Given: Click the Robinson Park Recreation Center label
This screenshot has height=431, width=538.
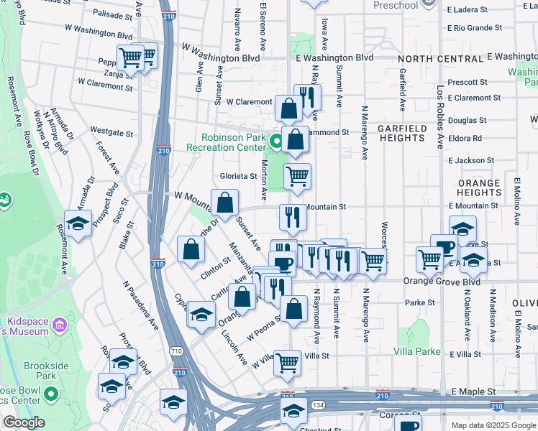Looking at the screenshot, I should pyautogui.click(x=222, y=142).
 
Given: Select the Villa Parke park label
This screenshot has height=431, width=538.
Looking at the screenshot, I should pyautogui.click(x=417, y=351).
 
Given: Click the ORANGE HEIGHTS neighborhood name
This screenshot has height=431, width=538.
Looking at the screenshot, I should pyautogui.click(x=478, y=188).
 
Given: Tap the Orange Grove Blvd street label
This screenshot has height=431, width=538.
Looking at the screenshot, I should pyautogui.click(x=442, y=282).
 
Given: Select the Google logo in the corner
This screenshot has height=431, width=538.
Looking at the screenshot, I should pyautogui.click(x=24, y=422).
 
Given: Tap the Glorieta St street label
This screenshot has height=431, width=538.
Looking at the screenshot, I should pyautogui.click(x=238, y=176).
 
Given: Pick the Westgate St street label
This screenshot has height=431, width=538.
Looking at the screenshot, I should pyautogui.click(x=111, y=133).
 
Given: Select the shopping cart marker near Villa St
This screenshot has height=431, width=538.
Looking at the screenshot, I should pyautogui.click(x=288, y=363).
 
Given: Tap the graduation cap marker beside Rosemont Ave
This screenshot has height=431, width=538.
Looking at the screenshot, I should pyautogui.click(x=78, y=223).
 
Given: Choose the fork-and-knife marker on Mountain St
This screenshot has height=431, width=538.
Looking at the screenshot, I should pyautogui.click(x=293, y=218).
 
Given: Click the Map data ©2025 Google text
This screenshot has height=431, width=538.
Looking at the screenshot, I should pyautogui.click(x=493, y=425).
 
